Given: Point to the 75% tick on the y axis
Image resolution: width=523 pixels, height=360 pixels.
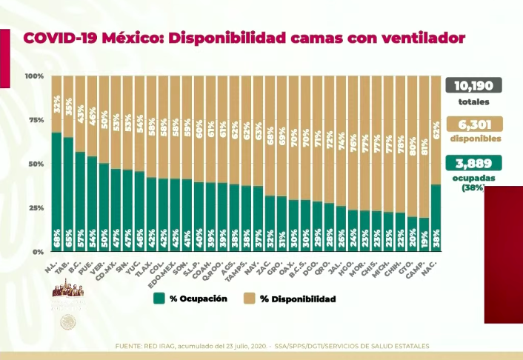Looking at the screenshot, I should tap(34, 120).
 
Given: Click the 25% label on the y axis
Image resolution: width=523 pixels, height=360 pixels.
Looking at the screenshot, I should tap(34, 208).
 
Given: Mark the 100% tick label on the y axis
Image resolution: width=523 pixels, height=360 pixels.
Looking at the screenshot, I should tap(33, 76).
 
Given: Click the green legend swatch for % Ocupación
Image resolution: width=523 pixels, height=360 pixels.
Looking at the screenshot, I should tap(158, 299).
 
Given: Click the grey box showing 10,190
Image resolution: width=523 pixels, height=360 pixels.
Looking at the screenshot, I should tap(473, 85).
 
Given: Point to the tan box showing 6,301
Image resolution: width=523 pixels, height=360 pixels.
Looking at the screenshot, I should tap(473, 124).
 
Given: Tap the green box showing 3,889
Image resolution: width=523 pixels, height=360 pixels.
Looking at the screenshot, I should tap(473, 163).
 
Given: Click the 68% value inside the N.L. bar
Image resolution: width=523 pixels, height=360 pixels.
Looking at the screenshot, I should tap(56, 241).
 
